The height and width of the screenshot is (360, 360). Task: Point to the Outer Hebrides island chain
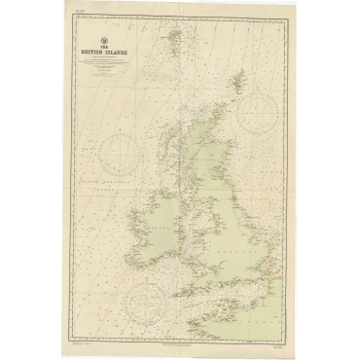(173, 142)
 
